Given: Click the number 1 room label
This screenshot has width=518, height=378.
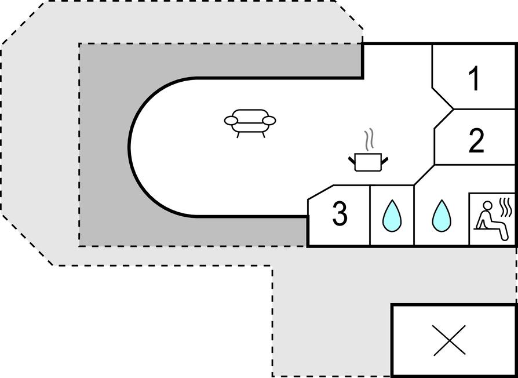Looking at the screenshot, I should [x=475, y=79].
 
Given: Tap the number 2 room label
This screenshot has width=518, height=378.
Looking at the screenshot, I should [x=476, y=141].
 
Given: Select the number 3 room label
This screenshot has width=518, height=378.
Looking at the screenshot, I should [x=340, y=214].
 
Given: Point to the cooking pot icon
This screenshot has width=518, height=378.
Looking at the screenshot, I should [x=367, y=161].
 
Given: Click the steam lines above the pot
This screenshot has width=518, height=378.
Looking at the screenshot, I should [x=369, y=140].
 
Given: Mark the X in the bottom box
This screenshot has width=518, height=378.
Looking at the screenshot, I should [x=450, y=340].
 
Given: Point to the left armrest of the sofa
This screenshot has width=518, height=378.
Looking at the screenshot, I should [x=231, y=121].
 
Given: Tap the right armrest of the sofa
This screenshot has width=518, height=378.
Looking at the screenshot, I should [x=269, y=121].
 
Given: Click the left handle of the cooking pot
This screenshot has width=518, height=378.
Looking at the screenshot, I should [x=352, y=158].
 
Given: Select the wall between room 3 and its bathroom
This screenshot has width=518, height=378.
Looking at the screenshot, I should [x=370, y=216].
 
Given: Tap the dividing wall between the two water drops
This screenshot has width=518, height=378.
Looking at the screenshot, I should [x=414, y=216].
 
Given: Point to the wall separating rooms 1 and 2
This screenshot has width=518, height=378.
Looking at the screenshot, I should [x=484, y=109].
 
